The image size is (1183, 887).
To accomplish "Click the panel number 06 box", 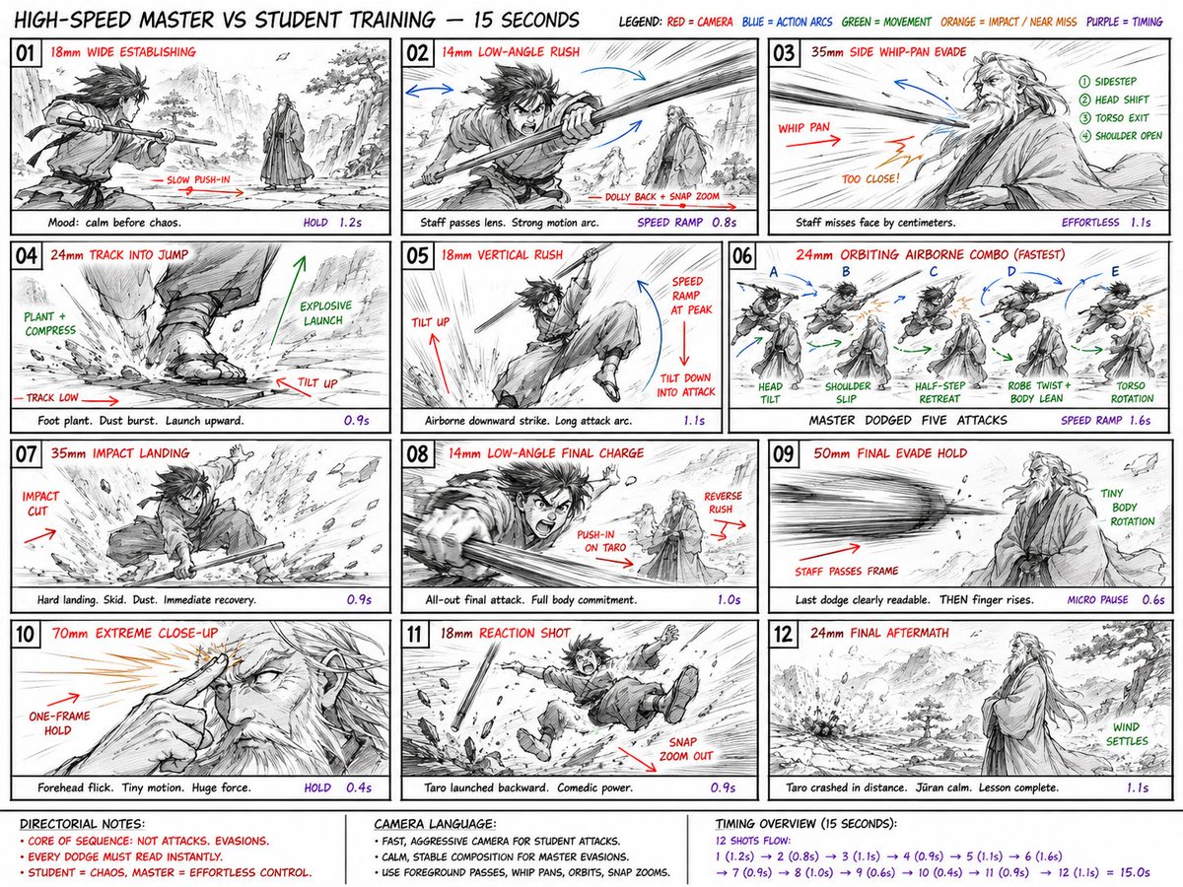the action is [x=742, y=255].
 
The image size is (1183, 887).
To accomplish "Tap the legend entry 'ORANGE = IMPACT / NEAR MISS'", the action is [x=1009, y=22].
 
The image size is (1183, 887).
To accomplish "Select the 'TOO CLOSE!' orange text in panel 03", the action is [x=870, y=178].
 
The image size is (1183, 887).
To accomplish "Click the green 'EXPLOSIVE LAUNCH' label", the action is [x=325, y=312].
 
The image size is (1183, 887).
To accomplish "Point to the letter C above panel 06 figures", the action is [x=934, y=272].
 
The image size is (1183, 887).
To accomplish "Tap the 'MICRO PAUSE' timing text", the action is [x=1097, y=599].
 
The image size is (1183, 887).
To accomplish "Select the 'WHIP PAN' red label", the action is [x=803, y=128].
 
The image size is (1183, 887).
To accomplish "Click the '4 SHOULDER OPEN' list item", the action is [x=1121, y=136].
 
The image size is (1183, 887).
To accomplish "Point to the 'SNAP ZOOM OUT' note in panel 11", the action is [x=685, y=749].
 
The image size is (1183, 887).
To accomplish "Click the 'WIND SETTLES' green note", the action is [x=1127, y=734].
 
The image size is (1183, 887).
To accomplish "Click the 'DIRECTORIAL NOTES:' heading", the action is [x=82, y=824].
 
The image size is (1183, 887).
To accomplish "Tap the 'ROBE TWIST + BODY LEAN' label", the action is [x=1038, y=392].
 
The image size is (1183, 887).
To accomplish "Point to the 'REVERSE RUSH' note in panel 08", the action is [x=723, y=502].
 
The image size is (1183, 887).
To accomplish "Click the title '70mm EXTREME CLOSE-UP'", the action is [x=135, y=633].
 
